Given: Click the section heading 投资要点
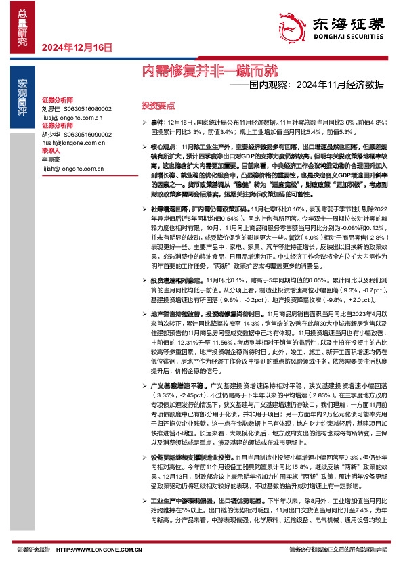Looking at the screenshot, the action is pos(158,106).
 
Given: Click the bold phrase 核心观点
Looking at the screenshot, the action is pos(164,146).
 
